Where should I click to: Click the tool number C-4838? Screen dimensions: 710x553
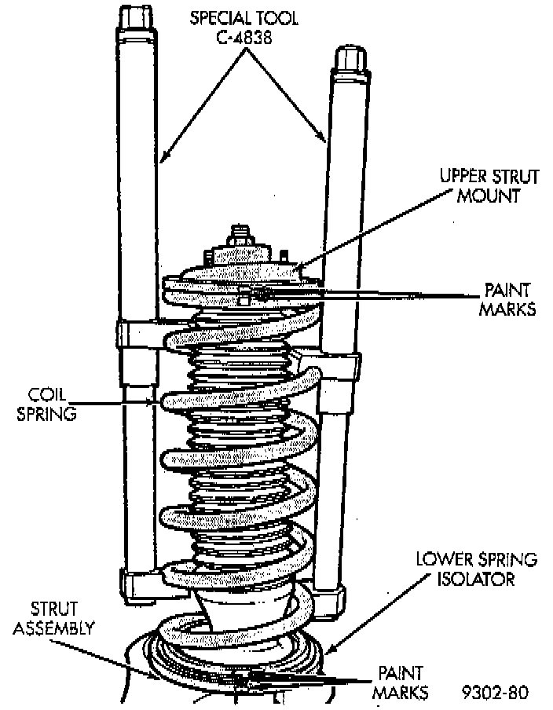click(246, 36)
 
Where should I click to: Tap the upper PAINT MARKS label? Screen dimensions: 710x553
click(510, 299)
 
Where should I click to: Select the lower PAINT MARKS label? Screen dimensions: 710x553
click(401, 683)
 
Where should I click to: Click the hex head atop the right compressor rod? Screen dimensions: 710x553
click(348, 59)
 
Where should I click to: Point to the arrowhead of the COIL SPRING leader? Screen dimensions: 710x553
click(157, 402)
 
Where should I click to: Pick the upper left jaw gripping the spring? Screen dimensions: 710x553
click(138, 335)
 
